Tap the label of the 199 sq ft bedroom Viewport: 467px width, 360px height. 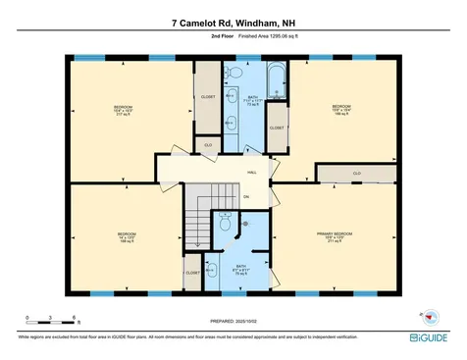tap(340, 109)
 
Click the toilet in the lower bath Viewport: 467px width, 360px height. tap(226, 225)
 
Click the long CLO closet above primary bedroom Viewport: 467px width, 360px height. tap(356, 174)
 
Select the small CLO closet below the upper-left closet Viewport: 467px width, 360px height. tap(207, 145)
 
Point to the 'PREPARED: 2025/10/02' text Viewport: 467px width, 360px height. tap(233, 321)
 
